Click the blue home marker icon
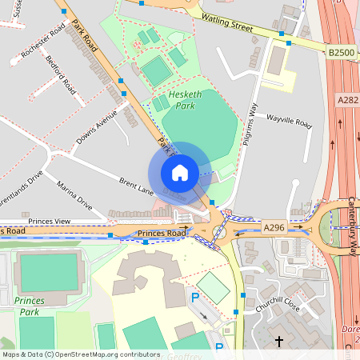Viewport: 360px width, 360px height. [180, 173]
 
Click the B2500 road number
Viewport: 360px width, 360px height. [340, 52]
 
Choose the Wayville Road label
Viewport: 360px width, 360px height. [289, 121]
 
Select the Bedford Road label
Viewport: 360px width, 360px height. [60, 72]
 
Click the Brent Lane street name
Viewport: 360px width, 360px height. [135, 186]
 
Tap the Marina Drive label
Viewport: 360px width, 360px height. [74, 200]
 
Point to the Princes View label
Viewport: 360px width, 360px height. [50, 221]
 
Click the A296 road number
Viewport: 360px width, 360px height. [274, 228]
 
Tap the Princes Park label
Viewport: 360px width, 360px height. [29, 306]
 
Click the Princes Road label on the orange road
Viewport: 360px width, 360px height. [161, 234]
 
